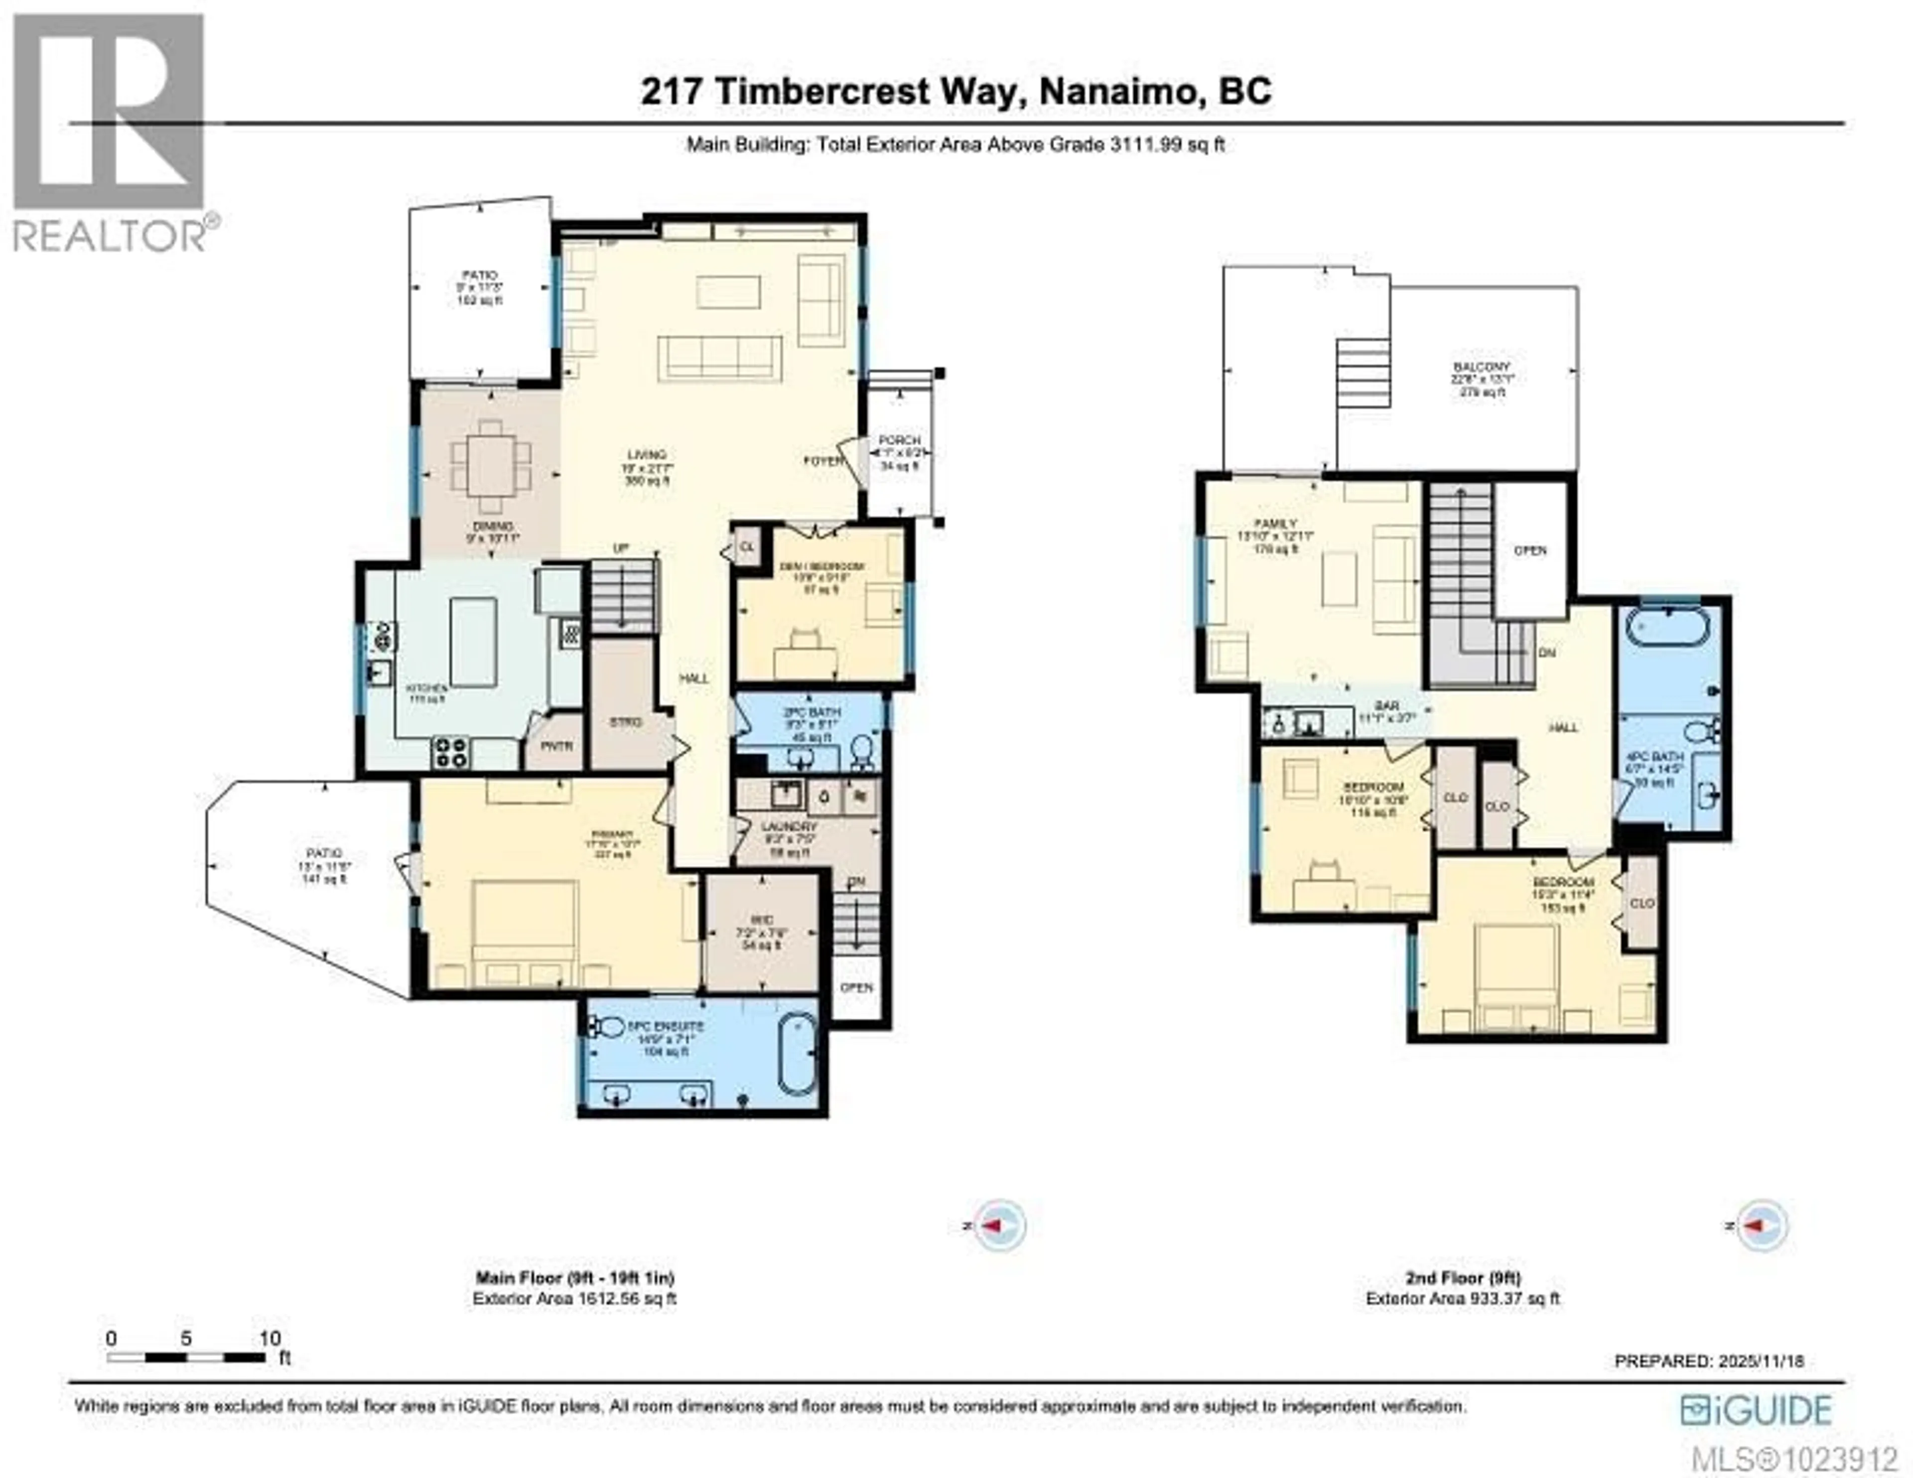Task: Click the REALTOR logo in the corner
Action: [110, 132]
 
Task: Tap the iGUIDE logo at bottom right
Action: [1756, 1410]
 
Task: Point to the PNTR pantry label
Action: [556, 746]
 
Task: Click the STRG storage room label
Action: [625, 722]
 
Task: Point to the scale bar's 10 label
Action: [270, 1338]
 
